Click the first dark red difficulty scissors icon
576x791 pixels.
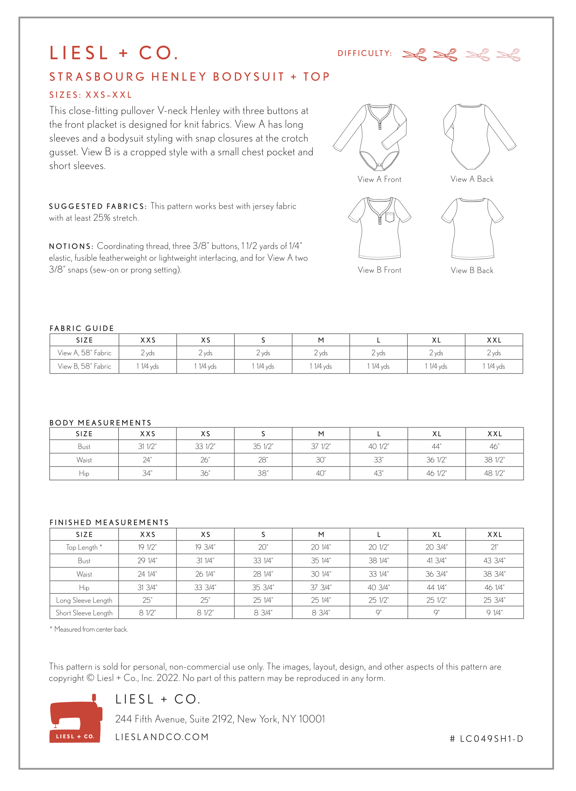pos(414,55)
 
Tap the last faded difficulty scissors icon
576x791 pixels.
pos(508,55)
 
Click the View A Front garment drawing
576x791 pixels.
pos(370,137)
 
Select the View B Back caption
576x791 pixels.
pos(472,270)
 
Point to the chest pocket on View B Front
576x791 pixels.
pos(390,217)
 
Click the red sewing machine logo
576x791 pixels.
pos(76,719)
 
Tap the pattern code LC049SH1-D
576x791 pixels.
pos(486,739)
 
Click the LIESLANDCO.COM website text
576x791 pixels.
pos(162,737)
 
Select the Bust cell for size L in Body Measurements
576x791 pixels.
pos(378,446)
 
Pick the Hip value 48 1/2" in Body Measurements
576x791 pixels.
pos(494,473)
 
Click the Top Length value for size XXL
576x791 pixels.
pos(494,547)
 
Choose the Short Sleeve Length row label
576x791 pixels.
pos(84,613)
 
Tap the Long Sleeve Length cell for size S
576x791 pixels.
pos(263,600)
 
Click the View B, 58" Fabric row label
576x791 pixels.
pos(84,366)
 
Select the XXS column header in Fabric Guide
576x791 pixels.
pos(148,340)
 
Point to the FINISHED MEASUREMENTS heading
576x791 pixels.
pos(109,522)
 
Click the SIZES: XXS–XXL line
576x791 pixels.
pos(91,95)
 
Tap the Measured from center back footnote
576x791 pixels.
pos(90,629)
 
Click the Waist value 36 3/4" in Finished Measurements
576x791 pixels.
pos(436,574)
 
